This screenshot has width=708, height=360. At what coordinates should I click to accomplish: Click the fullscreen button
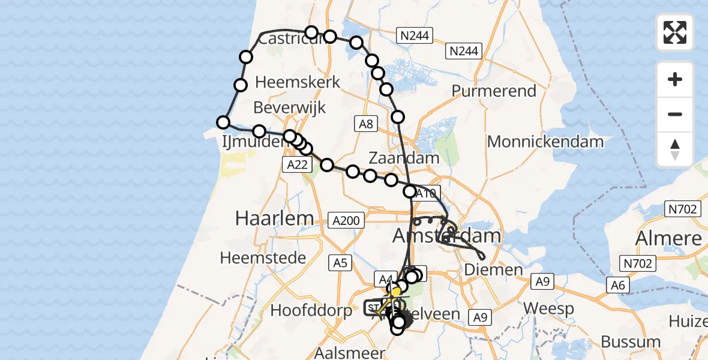point(675,32)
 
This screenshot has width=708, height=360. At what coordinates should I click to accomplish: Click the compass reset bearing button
point(675,149)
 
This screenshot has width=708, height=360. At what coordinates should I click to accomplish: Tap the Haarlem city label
point(274,218)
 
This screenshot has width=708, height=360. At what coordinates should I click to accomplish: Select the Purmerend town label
point(494,91)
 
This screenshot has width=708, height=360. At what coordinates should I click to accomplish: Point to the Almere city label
point(668,238)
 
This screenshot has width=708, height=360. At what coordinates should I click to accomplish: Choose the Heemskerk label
point(298,82)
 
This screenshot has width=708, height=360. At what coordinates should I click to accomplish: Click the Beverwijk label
point(290,107)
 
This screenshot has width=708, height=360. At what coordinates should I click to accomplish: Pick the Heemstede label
point(263,258)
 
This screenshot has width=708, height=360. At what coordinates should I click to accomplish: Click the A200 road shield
point(347,221)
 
